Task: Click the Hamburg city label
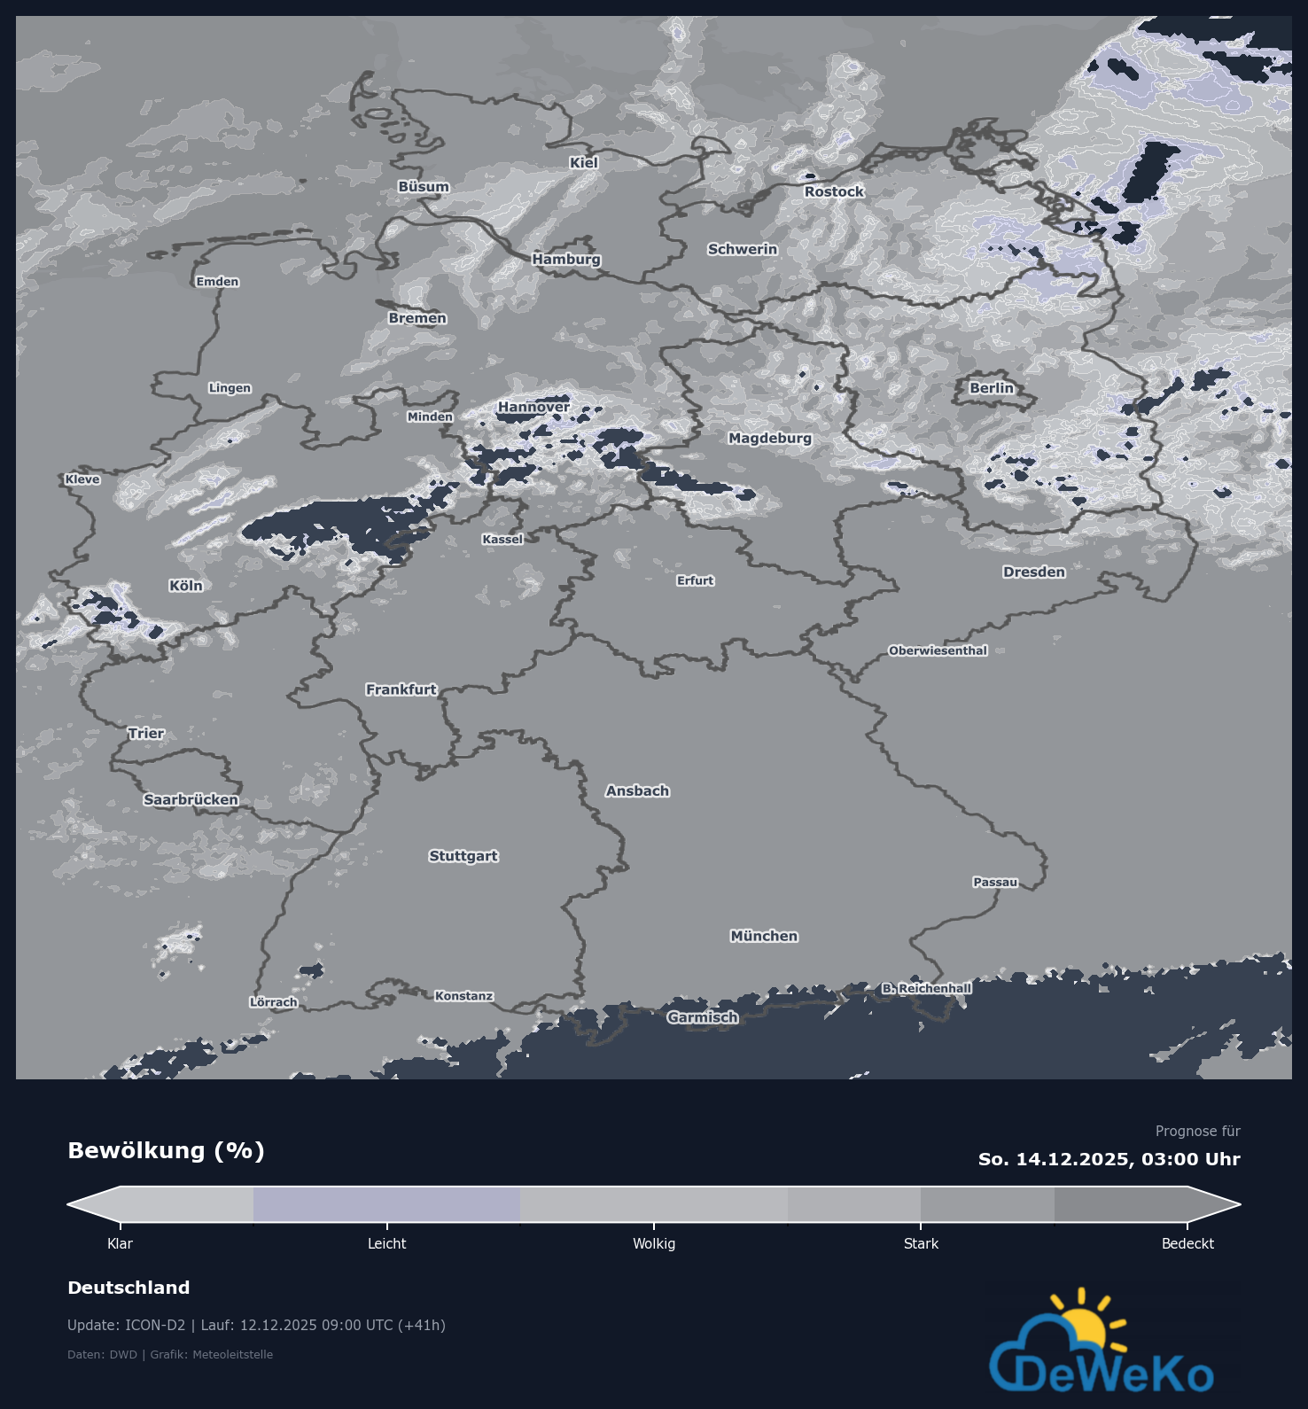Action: (566, 259)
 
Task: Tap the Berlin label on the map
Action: (991, 388)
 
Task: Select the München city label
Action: (764, 936)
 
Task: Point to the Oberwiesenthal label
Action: (938, 650)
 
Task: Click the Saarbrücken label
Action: (191, 799)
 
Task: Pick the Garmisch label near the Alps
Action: (703, 1017)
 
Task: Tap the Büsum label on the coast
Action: (424, 187)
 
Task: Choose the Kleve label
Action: (82, 479)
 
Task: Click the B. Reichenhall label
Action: (927, 988)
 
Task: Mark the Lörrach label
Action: (274, 1002)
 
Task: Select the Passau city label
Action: (995, 882)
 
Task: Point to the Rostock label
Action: (834, 191)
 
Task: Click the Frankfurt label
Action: (401, 689)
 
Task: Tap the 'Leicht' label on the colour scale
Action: (387, 1243)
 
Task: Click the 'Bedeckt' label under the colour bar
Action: (1187, 1243)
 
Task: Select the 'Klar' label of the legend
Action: (120, 1243)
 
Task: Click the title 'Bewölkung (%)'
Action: (167, 1150)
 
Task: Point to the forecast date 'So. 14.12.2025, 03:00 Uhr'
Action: (1109, 1159)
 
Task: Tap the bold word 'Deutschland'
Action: (128, 1288)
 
